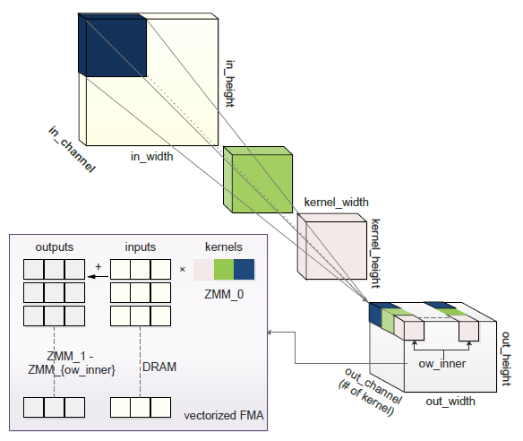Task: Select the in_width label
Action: (151, 156)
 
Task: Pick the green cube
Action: (260, 179)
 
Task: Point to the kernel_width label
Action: (336, 202)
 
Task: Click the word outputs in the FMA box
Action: (55, 246)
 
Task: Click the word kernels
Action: (223, 246)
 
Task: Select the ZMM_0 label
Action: (223, 291)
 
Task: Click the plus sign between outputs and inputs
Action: (98, 266)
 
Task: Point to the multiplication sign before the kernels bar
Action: (182, 268)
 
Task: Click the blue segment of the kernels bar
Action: (244, 269)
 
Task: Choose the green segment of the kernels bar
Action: (223, 269)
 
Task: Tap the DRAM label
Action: (161, 366)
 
